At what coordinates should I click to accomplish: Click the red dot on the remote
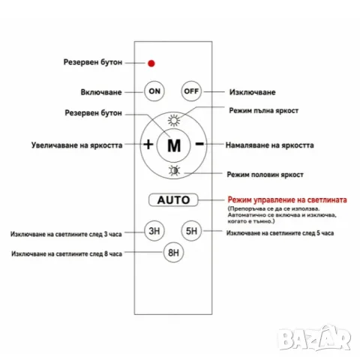tap(151, 63)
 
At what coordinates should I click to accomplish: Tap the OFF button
tap(191, 91)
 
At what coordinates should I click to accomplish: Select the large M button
tap(174, 145)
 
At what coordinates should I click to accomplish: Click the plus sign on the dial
tap(148, 144)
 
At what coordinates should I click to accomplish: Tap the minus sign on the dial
tap(199, 143)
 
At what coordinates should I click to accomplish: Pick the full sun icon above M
tap(174, 121)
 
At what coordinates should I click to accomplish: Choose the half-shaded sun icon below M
tap(174, 170)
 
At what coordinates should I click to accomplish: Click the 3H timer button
tap(154, 231)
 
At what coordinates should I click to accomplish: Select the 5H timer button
tap(191, 231)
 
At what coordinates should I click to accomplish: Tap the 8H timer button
tap(173, 252)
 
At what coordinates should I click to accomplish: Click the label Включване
tap(101, 92)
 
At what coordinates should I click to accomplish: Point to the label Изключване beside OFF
tap(253, 92)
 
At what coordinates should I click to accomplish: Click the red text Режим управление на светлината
tap(287, 199)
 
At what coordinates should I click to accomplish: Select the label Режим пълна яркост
tap(264, 110)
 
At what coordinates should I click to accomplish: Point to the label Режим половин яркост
tap(265, 175)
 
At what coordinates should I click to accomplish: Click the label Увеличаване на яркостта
tap(76, 145)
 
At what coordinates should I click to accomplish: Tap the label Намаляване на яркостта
tap(269, 145)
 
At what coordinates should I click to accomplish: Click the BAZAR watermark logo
tap(314, 337)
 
